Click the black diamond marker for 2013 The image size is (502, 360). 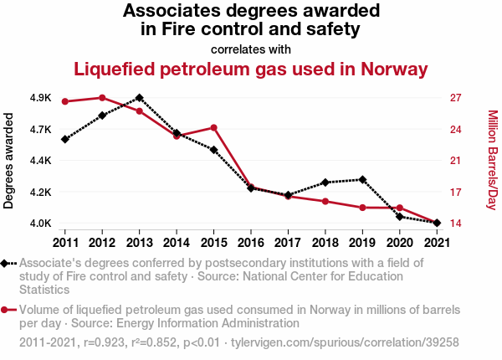click(x=139, y=97)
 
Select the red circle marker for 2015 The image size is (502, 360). click(x=213, y=127)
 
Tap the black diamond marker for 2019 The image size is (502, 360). click(x=362, y=179)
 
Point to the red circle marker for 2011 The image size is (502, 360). click(x=64, y=101)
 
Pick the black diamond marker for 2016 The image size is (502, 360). click(x=250, y=188)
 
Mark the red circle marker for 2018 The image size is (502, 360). click(x=325, y=201)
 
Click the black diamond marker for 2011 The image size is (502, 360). click(x=64, y=139)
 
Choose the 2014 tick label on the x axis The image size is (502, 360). click(x=176, y=243)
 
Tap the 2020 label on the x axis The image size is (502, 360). click(x=399, y=243)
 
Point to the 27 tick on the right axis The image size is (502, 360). click(x=456, y=98)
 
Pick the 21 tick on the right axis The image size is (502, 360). click(x=456, y=161)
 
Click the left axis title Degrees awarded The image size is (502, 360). click(x=9, y=160)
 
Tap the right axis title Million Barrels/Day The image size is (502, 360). click(x=492, y=160)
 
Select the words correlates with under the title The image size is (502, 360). click(x=251, y=49)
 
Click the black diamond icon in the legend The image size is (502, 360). click(x=7, y=263)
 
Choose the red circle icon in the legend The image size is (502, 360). click(x=7, y=309)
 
